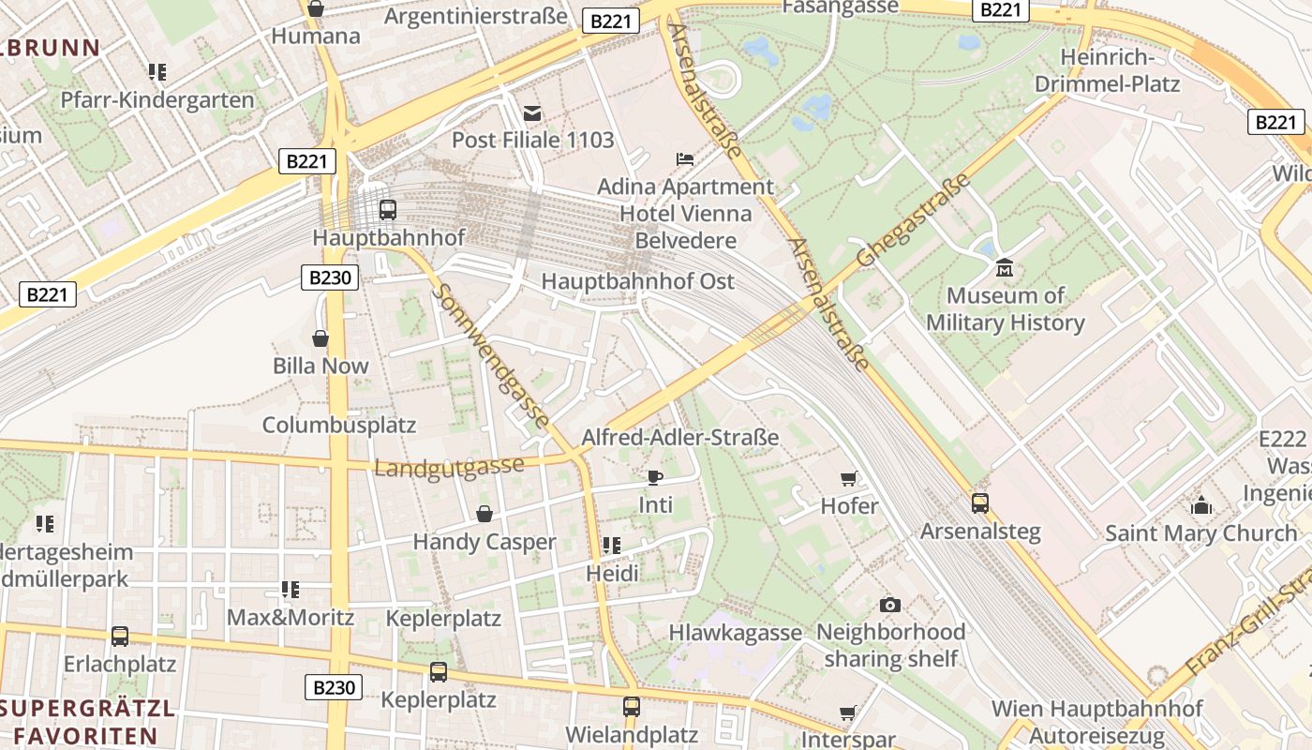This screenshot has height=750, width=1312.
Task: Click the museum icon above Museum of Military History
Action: [1005, 269]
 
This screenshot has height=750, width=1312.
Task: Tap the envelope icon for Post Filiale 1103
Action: [532, 113]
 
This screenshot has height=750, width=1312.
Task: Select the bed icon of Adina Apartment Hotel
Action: [686, 159]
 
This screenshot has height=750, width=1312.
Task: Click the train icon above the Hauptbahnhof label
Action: [388, 210]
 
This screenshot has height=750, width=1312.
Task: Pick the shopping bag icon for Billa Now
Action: [321, 338]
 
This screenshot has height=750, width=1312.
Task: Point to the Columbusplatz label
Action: [338, 425]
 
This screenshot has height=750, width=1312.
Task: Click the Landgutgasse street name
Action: [449, 467]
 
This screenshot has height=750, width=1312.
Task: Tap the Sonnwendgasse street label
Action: [490, 357]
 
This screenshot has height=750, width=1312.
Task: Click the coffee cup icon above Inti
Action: [655, 477]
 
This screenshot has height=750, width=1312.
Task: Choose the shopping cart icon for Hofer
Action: [849, 479]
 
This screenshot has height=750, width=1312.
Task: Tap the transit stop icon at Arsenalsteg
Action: [980, 503]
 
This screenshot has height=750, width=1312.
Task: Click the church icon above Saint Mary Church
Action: [1201, 505]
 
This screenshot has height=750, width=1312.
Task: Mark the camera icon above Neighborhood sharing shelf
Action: [890, 605]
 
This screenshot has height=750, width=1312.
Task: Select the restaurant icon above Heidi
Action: [612, 545]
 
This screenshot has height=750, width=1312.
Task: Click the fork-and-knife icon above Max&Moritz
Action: [291, 590]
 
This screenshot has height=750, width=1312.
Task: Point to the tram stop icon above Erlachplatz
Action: [120, 637]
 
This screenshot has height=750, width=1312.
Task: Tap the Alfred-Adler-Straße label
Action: [680, 437]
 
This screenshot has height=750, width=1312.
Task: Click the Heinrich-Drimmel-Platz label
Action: [1107, 70]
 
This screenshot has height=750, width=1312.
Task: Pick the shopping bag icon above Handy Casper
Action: [485, 514]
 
